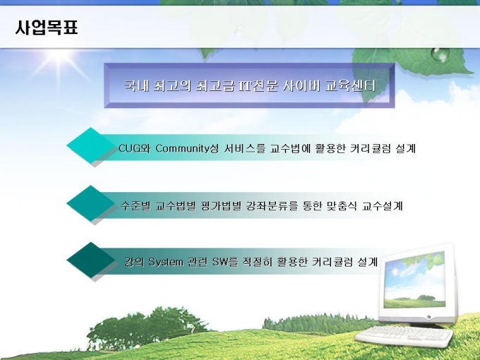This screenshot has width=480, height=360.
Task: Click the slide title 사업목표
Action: coord(47,28)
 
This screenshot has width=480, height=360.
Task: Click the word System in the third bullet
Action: coord(166,263)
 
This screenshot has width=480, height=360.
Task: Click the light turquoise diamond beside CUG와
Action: coord(90,145)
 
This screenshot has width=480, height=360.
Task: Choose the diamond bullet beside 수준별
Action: coord(90,203)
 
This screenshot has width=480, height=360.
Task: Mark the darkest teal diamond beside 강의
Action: coord(90,260)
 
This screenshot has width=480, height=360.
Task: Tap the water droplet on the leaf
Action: coord(440,54)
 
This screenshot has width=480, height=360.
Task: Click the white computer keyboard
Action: coord(404,336)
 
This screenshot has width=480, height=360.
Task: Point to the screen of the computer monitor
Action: coord(414,281)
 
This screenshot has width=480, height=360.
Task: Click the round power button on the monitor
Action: coord(428,317)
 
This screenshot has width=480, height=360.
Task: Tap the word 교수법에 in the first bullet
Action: coord(291,148)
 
